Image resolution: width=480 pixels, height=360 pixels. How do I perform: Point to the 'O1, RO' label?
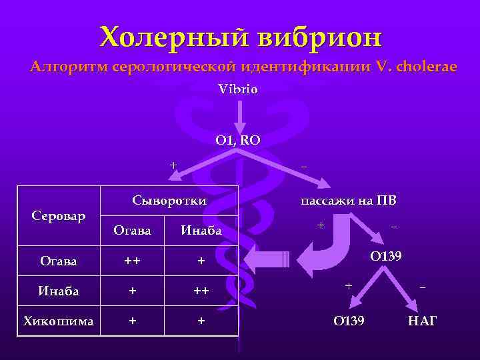[x=238, y=140]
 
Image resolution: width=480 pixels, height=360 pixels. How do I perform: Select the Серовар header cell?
[x=59, y=217]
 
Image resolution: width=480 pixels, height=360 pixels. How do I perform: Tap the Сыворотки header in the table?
[x=169, y=201]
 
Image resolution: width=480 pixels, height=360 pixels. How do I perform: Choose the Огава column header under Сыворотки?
[x=132, y=231]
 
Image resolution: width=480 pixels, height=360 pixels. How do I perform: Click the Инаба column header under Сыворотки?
[x=201, y=231]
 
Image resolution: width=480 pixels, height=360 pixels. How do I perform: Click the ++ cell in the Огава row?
[x=132, y=261]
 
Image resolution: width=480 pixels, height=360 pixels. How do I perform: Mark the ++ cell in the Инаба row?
[x=201, y=291]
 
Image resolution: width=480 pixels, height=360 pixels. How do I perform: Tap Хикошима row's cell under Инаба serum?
[x=201, y=321]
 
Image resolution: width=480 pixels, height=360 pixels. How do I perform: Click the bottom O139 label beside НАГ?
[x=349, y=321]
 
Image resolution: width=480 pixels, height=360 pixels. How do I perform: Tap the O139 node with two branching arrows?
[x=386, y=257]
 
